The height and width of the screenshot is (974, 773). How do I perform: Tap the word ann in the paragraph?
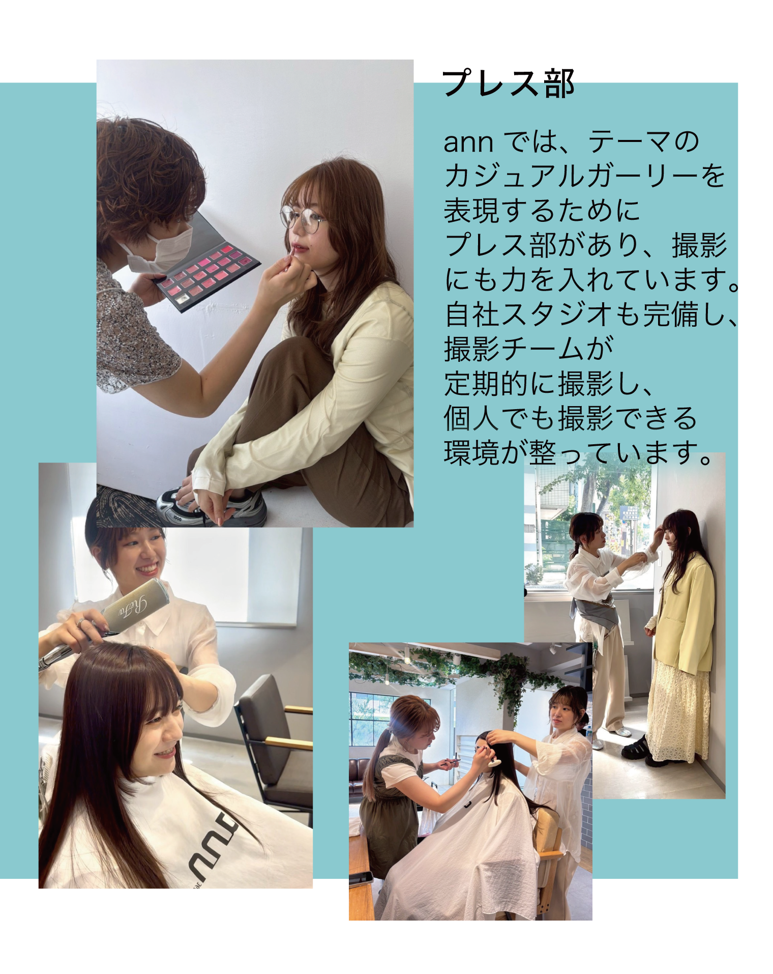tap(468, 142)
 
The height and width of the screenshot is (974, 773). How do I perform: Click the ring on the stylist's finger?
tap(80, 622)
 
